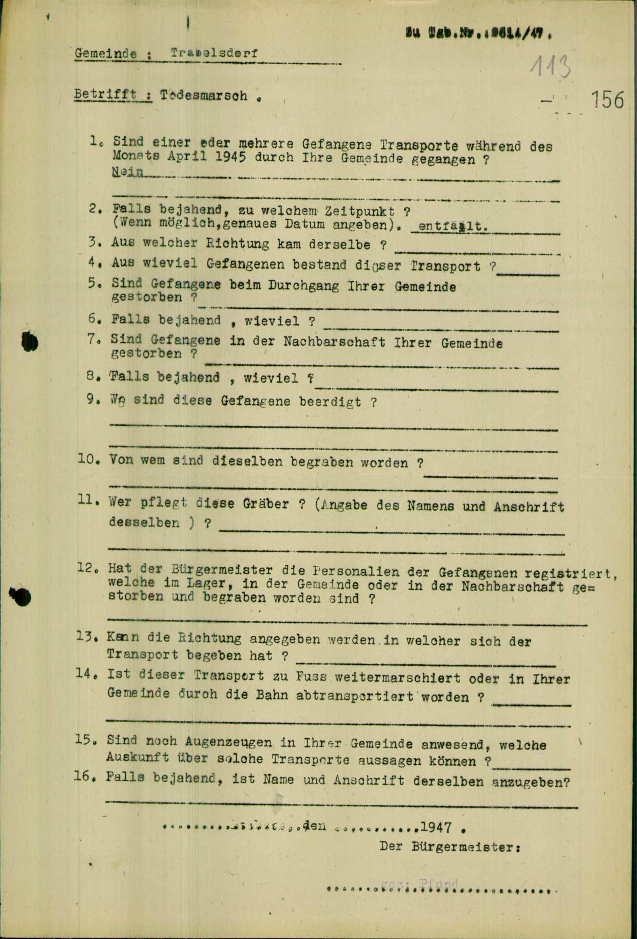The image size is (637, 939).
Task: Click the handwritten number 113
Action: tap(550, 67)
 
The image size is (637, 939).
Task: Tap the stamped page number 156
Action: tap(607, 99)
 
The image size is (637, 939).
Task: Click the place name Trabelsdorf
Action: tap(214, 53)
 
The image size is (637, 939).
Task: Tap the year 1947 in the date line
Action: tap(435, 827)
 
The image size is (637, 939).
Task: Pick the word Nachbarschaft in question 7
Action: tap(334, 342)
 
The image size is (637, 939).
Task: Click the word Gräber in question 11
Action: tap(265, 504)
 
